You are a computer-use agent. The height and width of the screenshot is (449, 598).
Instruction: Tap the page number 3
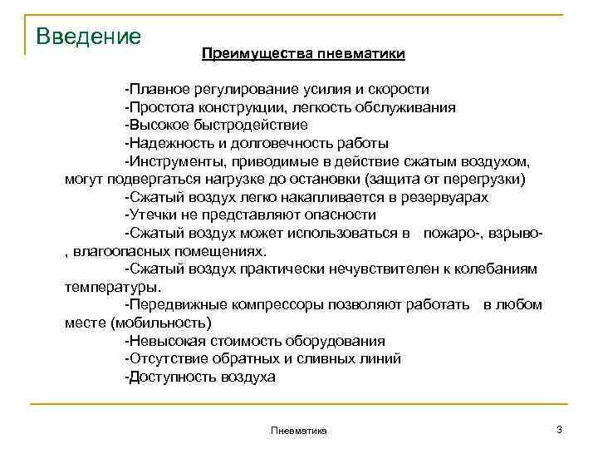[559, 428]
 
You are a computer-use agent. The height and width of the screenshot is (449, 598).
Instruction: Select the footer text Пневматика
[299, 430]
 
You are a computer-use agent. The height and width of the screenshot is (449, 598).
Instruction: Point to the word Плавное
[154, 89]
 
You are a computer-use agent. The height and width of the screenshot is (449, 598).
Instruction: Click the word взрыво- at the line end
[517, 233]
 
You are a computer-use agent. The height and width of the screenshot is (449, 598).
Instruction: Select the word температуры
[111, 287]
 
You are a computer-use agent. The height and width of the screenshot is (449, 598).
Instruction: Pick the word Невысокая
[160, 341]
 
